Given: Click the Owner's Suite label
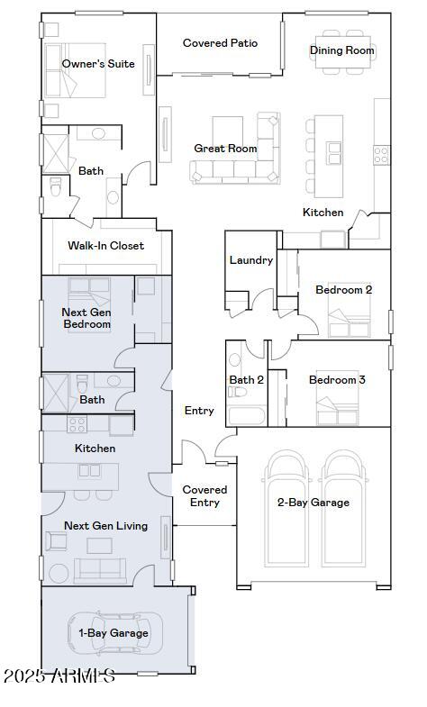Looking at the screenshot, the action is click(x=98, y=64).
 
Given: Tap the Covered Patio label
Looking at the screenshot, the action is click(x=220, y=43).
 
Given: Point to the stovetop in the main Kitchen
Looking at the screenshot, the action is click(x=381, y=155).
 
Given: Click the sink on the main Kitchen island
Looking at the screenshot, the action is click(x=334, y=153).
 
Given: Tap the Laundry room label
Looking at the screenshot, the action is click(x=251, y=260).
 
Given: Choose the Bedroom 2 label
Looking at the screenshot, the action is click(x=343, y=290).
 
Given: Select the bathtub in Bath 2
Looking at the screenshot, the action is click(x=247, y=416).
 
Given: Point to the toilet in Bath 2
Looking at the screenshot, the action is click(x=237, y=392).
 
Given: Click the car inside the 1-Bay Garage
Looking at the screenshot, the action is click(x=115, y=633).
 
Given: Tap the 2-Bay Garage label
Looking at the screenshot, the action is click(x=313, y=503).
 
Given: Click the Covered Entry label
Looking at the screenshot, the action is click(x=204, y=496).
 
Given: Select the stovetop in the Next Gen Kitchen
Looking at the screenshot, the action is click(x=77, y=424).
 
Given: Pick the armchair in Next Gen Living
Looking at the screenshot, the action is click(x=56, y=541).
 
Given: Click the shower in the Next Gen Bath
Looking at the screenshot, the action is click(x=55, y=394).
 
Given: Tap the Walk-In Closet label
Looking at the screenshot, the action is click(x=106, y=246).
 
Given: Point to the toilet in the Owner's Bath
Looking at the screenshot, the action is click(x=55, y=186).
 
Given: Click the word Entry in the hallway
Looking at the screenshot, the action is click(x=199, y=412).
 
